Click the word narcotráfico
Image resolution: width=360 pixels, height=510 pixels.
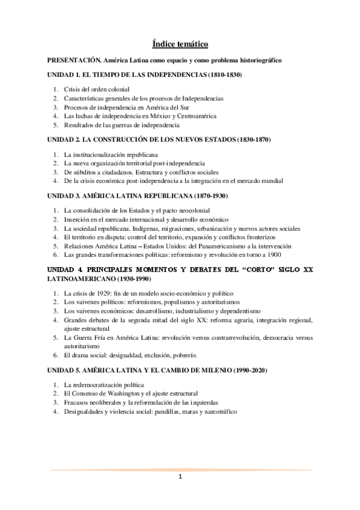tap(218, 411)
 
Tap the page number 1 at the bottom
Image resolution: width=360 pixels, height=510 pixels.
tap(180, 478)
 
